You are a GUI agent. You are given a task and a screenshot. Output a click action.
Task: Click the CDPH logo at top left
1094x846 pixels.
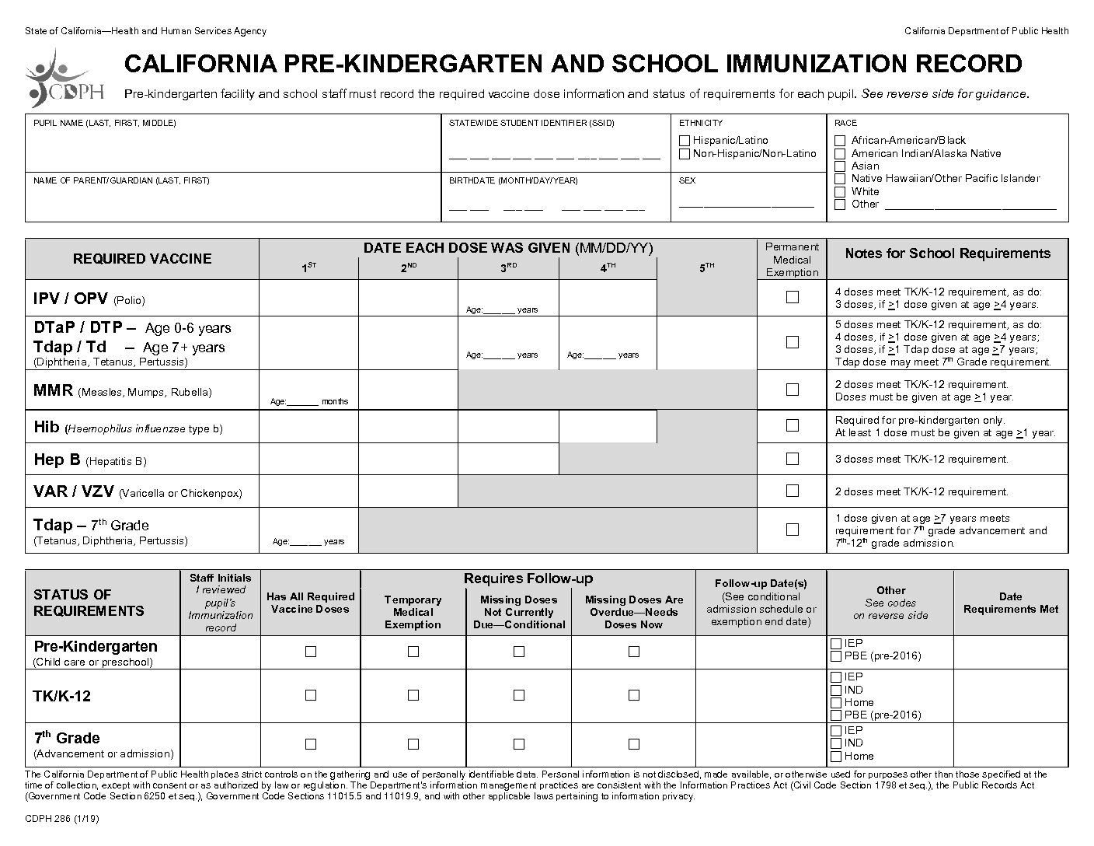tap(64, 78)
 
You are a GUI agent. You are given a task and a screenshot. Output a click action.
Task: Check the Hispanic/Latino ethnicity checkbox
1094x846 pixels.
tap(685, 141)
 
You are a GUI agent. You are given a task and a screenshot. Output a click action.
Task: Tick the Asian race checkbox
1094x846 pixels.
tap(840, 166)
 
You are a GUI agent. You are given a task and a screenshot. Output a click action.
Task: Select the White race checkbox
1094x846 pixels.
tap(840, 192)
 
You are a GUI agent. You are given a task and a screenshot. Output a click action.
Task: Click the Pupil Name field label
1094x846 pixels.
tap(104, 123)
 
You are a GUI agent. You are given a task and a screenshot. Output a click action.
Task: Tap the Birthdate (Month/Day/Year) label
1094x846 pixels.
tap(513, 180)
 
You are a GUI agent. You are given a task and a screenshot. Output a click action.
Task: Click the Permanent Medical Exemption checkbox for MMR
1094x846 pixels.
tap(792, 390)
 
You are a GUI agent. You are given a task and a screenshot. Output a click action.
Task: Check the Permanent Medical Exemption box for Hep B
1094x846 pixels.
tap(792, 459)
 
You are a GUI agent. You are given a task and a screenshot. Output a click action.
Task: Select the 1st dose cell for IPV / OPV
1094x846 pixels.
tap(308, 298)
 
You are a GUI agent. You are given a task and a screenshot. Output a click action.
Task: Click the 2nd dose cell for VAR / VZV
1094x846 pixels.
tap(408, 491)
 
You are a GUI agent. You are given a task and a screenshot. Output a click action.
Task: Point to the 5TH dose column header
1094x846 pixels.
tap(706, 267)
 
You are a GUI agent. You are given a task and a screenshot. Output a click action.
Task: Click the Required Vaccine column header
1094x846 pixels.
tap(142, 259)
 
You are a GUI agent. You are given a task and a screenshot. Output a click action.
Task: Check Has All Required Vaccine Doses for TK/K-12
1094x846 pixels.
tap(311, 695)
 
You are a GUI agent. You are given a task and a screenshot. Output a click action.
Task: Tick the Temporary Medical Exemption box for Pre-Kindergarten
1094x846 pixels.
tap(413, 652)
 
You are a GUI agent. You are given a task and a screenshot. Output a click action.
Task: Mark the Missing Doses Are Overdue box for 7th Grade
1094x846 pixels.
tap(634, 744)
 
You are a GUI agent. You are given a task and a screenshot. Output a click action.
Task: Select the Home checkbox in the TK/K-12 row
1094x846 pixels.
tap(836, 703)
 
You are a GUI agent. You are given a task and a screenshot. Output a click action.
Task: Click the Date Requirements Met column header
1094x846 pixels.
tap(1010, 603)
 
